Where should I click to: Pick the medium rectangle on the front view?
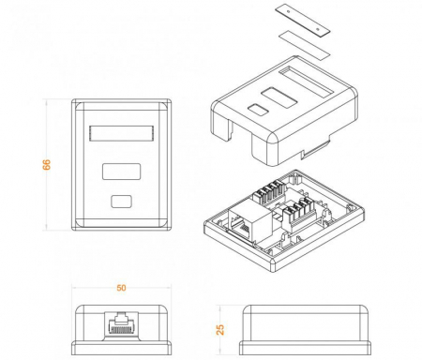click(x=120, y=172)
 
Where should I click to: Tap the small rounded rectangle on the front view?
click(x=120, y=200)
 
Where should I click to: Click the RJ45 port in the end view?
click(x=120, y=328)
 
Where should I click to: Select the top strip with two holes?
click(x=305, y=20)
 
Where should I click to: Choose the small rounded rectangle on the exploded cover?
click(x=256, y=110)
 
